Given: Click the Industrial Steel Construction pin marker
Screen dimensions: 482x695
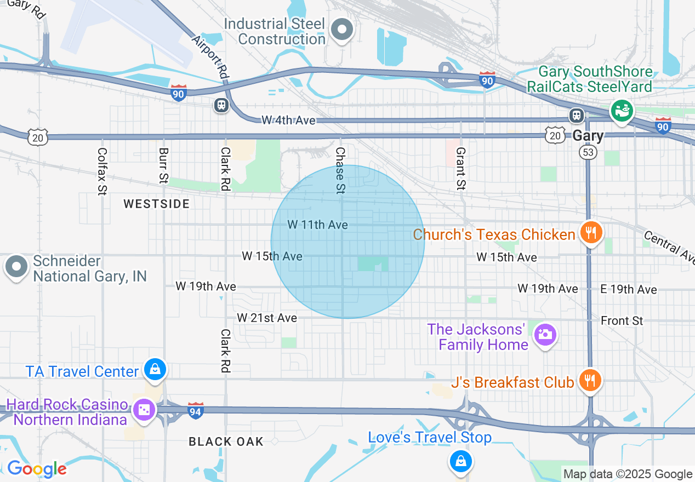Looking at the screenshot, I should [343, 30].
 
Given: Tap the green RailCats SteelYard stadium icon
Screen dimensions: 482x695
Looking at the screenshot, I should [622, 111].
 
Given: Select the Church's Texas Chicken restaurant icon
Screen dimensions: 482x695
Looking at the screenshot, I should [590, 233].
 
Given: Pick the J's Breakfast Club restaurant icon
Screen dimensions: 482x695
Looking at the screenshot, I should [590, 380].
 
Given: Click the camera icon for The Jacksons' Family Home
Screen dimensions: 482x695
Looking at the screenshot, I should [545, 334].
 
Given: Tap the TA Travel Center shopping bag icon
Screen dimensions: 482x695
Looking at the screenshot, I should [156, 369].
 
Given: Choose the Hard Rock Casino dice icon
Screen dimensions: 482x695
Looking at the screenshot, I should [144, 410].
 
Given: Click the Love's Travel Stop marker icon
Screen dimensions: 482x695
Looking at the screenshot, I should [461, 461].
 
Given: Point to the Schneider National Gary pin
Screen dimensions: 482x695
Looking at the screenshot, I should [16, 267].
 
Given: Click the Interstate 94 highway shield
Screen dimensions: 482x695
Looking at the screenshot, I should [196, 411].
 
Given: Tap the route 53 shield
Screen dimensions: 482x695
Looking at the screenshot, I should [588, 152].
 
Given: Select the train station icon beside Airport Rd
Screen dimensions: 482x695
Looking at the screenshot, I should [221, 105].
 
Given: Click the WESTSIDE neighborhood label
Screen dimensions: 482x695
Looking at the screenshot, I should [156, 204].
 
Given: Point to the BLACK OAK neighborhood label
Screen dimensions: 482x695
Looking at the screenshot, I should [226, 441].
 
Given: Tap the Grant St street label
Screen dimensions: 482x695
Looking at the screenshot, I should [460, 168].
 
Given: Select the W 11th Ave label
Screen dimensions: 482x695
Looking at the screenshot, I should [317, 225].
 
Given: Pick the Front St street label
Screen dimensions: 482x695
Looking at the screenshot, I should [622, 320].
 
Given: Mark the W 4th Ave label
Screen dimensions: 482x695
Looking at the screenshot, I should [288, 120].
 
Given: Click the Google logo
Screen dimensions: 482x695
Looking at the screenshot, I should [37, 469].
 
